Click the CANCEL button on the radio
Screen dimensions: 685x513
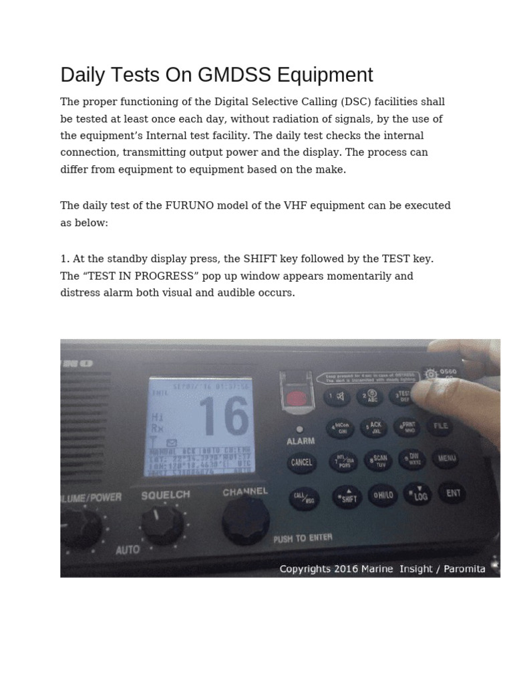click(302, 462)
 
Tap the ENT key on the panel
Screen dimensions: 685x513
click(454, 494)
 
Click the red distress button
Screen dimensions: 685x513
click(295, 400)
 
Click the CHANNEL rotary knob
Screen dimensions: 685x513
click(246, 520)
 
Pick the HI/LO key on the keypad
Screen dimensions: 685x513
click(384, 496)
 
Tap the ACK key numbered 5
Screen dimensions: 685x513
click(375, 427)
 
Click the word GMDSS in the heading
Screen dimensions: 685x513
click(232, 75)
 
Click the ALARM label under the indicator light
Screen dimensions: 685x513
click(301, 442)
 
